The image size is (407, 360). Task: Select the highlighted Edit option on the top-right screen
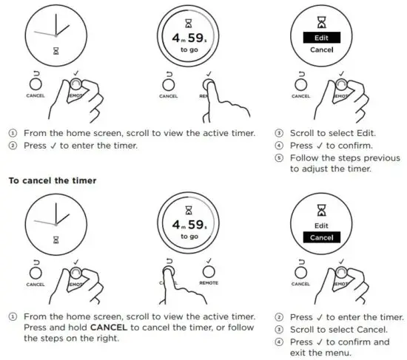pos(321,37)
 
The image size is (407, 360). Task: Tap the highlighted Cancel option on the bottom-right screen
pos(321,237)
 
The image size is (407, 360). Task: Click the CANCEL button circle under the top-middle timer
pos(168,86)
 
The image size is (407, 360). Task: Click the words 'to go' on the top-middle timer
pos(189,50)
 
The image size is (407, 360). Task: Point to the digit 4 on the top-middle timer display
pos(177,38)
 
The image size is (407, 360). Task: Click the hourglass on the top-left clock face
pos(55,51)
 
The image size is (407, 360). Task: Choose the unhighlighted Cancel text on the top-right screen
pos(321,50)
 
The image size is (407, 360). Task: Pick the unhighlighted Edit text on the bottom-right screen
pos(321,225)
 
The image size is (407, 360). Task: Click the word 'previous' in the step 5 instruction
pos(380,157)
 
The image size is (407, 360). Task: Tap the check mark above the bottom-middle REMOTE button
pos(210,259)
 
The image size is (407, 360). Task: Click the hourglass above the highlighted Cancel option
pos(321,209)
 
